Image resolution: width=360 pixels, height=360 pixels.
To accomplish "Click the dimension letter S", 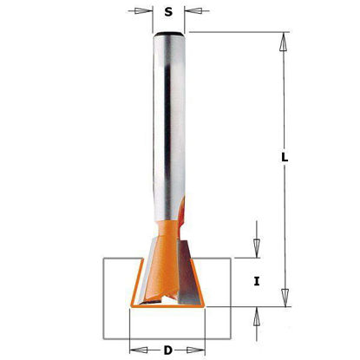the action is [168, 12].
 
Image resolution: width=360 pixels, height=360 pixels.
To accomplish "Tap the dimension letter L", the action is [285, 157].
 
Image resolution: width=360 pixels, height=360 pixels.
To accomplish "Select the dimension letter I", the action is [257, 281].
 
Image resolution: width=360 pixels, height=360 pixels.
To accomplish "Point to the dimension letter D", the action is [167, 350].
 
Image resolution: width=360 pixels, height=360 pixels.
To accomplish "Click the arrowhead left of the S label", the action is [143, 11].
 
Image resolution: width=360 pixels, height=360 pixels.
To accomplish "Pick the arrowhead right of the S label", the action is [193, 11].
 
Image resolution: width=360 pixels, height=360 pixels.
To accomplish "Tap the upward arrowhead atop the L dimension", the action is [284, 42].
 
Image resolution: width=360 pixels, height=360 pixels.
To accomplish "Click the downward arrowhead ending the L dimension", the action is [285, 298].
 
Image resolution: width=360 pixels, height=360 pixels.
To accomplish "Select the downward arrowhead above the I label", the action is [257, 248].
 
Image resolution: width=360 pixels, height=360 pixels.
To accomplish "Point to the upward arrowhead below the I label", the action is [257, 316].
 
